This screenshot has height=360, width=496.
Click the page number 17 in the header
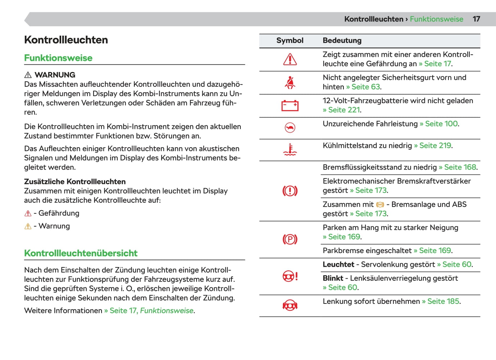(x=476, y=19)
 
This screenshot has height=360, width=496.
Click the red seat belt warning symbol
(x=290, y=83)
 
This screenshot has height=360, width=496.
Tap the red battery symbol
(x=290, y=105)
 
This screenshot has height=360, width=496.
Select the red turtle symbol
(x=290, y=128)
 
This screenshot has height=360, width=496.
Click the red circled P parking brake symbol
(x=290, y=239)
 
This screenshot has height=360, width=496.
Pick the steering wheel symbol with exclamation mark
(x=290, y=276)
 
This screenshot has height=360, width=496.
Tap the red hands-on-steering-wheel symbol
(x=290, y=306)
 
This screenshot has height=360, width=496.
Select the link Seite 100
(x=442, y=123)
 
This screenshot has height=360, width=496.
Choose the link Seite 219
(x=435, y=145)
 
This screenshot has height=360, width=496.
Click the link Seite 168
(x=460, y=167)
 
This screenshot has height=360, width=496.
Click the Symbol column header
(x=290, y=41)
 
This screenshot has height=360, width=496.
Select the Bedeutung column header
(x=342, y=41)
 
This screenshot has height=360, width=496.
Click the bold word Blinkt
(x=333, y=278)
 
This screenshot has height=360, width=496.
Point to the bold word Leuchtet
(x=338, y=265)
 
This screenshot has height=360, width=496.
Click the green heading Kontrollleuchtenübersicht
(x=81, y=253)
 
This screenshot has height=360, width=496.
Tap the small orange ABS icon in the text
(x=380, y=205)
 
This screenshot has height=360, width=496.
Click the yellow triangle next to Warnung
(x=28, y=226)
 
